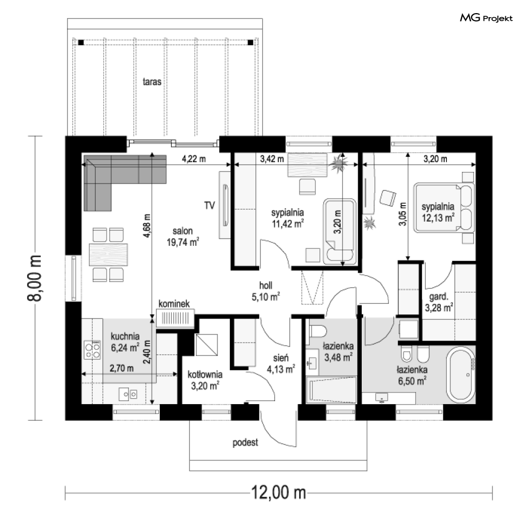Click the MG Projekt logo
click(x=486, y=18)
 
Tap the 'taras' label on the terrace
click(x=152, y=82)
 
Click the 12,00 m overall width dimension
click(x=279, y=493)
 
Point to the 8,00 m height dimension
click(x=34, y=278)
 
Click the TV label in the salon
click(x=210, y=205)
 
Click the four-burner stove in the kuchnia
click(x=92, y=350)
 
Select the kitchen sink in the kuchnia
click(x=128, y=394)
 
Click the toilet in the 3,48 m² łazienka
click(x=318, y=331)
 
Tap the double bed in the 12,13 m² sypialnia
click(x=444, y=208)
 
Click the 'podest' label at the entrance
click(x=245, y=442)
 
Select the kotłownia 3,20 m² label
click(x=205, y=379)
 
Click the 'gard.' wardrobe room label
click(x=439, y=297)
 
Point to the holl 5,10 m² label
click(x=266, y=291)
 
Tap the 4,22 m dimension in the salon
click(x=194, y=159)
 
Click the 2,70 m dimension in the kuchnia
click(x=121, y=368)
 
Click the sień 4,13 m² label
click(x=281, y=364)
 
